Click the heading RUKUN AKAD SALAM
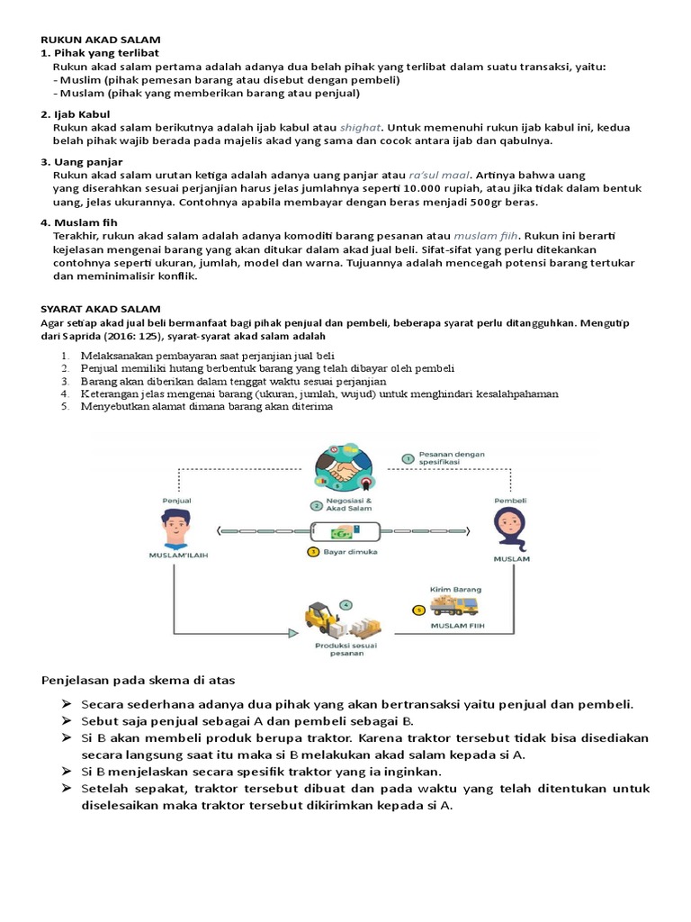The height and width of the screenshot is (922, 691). [x=100, y=41]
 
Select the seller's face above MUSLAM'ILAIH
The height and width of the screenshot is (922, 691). [x=176, y=527]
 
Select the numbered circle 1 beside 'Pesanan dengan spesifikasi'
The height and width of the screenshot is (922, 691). [x=408, y=458]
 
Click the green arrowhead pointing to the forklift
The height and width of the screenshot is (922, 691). [x=295, y=634]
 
